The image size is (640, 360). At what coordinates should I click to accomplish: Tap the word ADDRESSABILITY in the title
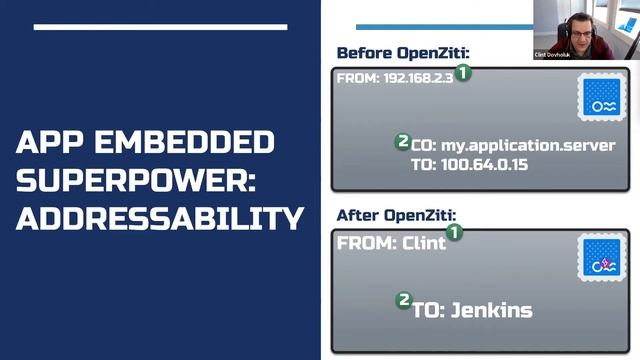pyautogui.click(x=160, y=216)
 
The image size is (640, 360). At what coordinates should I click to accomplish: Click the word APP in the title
pyautogui.click(x=47, y=143)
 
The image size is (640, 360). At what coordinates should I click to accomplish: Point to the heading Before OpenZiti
pyautogui.click(x=403, y=53)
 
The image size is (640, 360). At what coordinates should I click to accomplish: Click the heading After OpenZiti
pyautogui.click(x=397, y=214)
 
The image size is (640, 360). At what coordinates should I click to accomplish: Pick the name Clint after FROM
pyautogui.click(x=424, y=243)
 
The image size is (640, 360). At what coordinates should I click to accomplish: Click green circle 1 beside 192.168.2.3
pyautogui.click(x=465, y=72)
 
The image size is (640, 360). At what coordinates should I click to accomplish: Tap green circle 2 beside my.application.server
pyautogui.click(x=403, y=142)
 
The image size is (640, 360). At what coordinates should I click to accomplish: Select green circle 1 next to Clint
pyautogui.click(x=455, y=232)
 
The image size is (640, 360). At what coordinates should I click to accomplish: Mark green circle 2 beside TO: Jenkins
pyautogui.click(x=404, y=299)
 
